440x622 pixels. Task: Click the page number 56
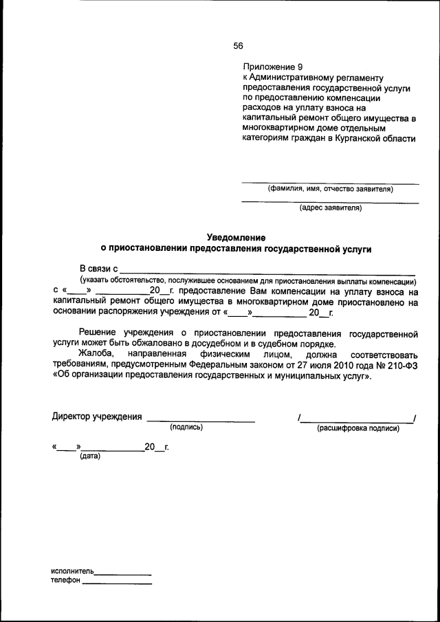point(238,45)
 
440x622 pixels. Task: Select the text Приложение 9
point(272,67)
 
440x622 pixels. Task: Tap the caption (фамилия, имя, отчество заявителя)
point(330,189)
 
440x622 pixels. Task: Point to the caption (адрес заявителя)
point(330,208)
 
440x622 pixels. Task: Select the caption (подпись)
point(186,427)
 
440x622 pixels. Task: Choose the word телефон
point(65,581)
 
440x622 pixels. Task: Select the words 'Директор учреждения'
point(97,416)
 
